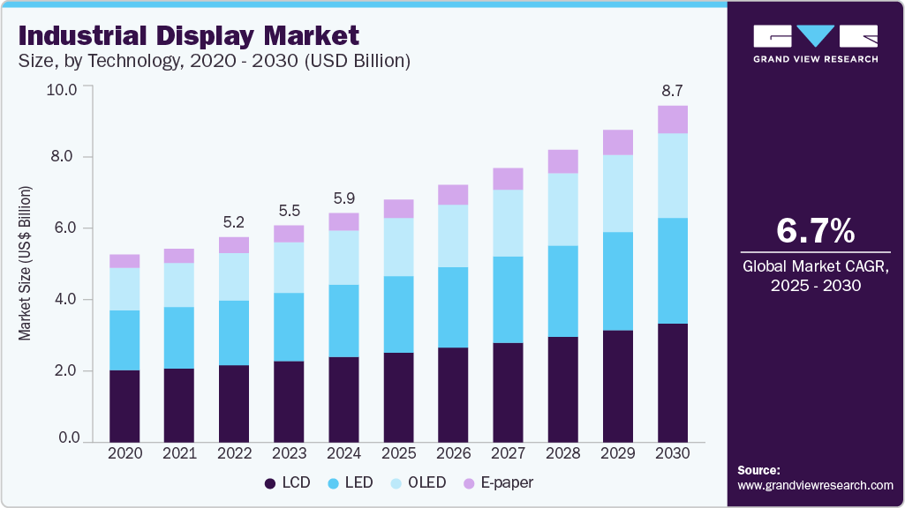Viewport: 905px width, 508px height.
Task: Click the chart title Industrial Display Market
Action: [x=188, y=35]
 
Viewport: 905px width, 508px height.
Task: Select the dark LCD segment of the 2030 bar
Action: [x=672, y=382]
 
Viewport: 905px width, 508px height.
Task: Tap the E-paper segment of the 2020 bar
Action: [x=124, y=260]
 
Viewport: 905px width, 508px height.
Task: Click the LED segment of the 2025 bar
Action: [x=398, y=314]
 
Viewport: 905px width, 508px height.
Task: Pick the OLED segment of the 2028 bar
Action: [x=562, y=209]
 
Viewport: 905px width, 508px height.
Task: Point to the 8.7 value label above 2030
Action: [x=672, y=90]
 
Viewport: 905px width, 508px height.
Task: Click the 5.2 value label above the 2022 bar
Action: [x=234, y=221]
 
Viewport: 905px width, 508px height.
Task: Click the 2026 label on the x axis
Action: [x=453, y=452]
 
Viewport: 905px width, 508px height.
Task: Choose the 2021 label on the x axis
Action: [x=179, y=452]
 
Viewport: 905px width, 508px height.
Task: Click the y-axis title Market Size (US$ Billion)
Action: [x=26, y=264]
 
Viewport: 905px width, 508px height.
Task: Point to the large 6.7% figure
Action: [x=815, y=231]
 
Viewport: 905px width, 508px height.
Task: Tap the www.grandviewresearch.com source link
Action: [x=815, y=485]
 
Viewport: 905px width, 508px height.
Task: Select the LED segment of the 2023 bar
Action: [x=289, y=326]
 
